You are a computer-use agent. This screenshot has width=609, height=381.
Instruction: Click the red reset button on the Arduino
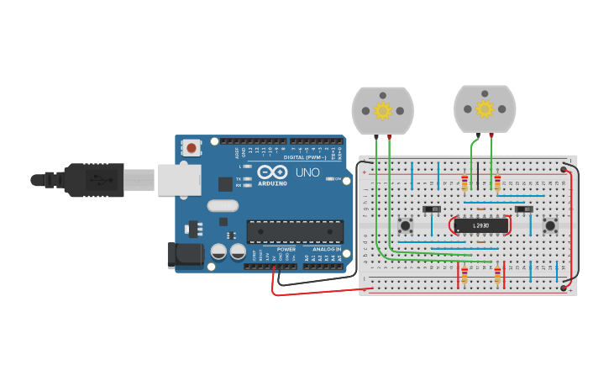pos(192,148)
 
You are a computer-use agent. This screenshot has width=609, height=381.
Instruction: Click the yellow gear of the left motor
pos(383,110)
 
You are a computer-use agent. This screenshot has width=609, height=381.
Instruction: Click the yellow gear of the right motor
pos(485,108)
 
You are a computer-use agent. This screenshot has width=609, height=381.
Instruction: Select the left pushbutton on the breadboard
pos(406,225)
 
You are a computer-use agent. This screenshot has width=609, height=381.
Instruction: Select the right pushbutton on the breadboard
pos(550,225)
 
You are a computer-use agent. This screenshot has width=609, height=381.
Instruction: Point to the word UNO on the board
pos(307,173)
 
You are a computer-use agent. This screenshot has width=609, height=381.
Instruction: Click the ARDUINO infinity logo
pos(272,171)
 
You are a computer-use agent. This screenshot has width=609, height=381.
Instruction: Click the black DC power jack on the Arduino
pos(187,256)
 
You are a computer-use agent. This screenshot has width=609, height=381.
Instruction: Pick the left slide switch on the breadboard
pos(432,209)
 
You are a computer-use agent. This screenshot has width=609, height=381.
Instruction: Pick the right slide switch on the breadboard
pos(524,209)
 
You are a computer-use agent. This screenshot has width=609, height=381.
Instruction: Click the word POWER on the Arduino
pos(286,250)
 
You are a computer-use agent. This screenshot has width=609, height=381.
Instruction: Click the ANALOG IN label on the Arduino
pos(326,250)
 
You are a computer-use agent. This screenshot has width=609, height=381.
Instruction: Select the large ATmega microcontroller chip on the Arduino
pos(295,231)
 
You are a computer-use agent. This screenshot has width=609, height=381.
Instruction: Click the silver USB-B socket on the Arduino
pos(180,179)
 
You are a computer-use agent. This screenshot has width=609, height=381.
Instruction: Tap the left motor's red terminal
pos(388,136)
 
